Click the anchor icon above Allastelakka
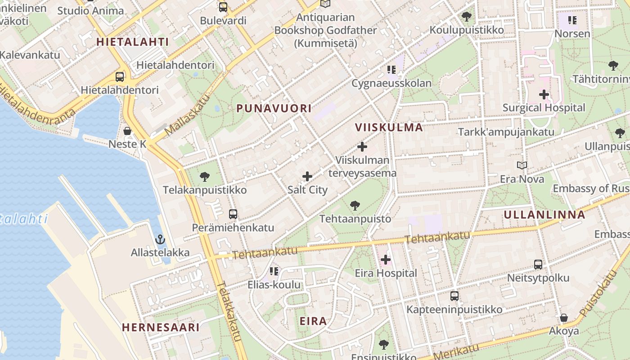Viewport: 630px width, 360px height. (160, 239)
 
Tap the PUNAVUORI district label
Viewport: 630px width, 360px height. (274, 108)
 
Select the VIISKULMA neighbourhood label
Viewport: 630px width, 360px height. (389, 127)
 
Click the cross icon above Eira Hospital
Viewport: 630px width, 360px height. (386, 260)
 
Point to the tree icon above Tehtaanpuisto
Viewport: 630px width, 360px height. (355, 206)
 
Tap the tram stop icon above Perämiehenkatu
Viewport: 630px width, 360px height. (233, 214)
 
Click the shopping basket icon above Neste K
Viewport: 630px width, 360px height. (127, 131)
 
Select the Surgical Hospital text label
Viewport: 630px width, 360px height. (544, 108)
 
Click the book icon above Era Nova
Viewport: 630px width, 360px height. (522, 166)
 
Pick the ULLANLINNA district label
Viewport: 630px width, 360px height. (544, 215)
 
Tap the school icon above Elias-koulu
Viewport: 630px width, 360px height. (274, 271)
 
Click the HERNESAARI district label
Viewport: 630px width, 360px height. (161, 327)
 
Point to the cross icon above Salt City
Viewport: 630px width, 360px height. (307, 176)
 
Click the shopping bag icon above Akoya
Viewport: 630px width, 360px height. (563, 318)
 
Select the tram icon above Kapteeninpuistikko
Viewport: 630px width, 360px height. (454, 296)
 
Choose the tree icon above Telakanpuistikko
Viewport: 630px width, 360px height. (205, 176)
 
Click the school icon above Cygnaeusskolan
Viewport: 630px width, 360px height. (391, 70)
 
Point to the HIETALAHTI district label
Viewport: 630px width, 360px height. (133, 42)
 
